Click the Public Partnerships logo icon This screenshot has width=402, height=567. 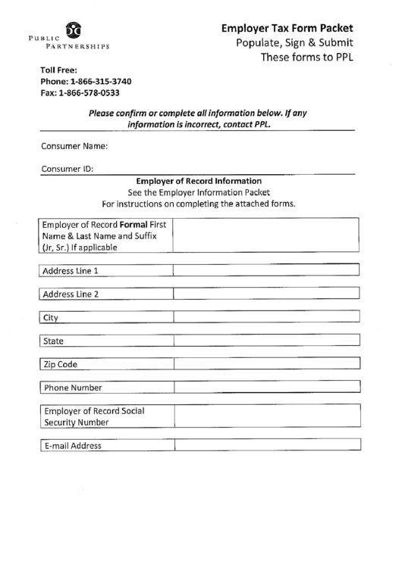(74, 31)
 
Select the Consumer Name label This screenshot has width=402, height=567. (74, 145)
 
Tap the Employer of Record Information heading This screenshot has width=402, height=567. (198, 182)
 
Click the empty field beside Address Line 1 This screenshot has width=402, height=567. (265, 270)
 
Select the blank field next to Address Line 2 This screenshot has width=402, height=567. (265, 294)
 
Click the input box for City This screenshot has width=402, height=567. (265, 317)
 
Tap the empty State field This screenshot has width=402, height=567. (265, 341)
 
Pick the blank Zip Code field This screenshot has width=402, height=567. (265, 364)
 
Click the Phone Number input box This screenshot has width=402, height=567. (265, 388)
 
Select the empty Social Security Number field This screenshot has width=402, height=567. (265, 416)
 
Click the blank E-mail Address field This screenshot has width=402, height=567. (265, 446)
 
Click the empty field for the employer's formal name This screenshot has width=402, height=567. (265, 235)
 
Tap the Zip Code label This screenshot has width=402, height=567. (61, 364)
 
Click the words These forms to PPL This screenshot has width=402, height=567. (306, 57)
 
